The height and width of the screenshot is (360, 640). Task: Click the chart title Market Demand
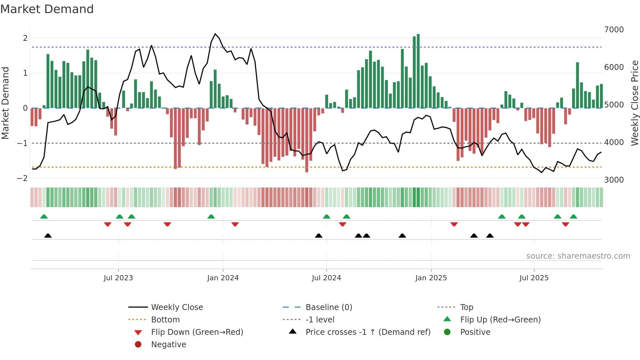[x=47, y=9]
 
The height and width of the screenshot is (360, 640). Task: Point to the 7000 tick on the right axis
[x=614, y=30]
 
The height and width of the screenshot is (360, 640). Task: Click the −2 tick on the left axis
[x=22, y=178]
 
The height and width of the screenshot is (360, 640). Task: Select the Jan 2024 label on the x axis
[x=223, y=278]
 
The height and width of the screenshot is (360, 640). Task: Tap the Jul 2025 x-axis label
[x=534, y=278]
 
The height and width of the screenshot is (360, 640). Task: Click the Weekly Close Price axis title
[x=634, y=103]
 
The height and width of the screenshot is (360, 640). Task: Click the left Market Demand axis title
[x=5, y=103]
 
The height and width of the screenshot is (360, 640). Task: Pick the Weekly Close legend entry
[x=177, y=307]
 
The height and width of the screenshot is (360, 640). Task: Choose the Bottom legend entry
[x=165, y=320]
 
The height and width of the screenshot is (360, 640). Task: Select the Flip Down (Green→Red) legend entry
[x=197, y=332]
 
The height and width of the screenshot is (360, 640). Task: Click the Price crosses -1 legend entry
[x=368, y=332]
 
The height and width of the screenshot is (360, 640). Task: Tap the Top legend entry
[x=467, y=307]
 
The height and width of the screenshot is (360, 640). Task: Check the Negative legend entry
[x=168, y=345]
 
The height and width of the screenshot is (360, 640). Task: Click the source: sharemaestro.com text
[x=578, y=256]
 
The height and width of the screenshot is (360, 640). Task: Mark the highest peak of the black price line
[x=215, y=34]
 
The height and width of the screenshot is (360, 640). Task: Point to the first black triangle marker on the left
[x=48, y=236]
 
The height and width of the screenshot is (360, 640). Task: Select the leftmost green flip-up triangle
[x=44, y=217]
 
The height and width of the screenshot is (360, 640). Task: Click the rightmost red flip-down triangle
[x=566, y=224]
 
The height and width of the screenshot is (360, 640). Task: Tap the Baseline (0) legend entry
[x=328, y=307]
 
